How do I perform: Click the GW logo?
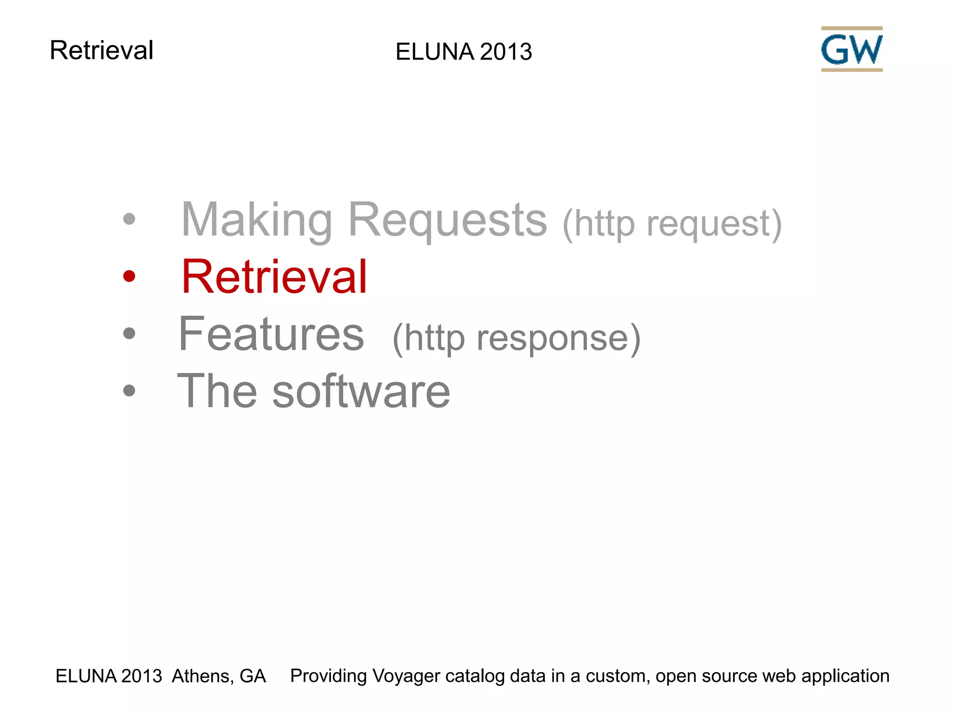852,49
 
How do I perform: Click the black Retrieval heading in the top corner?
101,50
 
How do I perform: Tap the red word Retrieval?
274,277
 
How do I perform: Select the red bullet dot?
129,277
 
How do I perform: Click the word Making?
257,221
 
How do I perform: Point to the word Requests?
447,221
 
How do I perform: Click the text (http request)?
672,224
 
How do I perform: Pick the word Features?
271,334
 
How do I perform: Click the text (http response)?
517,338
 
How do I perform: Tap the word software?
361,392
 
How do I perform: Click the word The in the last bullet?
217,391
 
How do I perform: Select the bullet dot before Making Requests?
129,219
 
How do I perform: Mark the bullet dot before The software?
129,391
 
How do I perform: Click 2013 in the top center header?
506,52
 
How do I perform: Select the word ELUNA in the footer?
86,676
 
